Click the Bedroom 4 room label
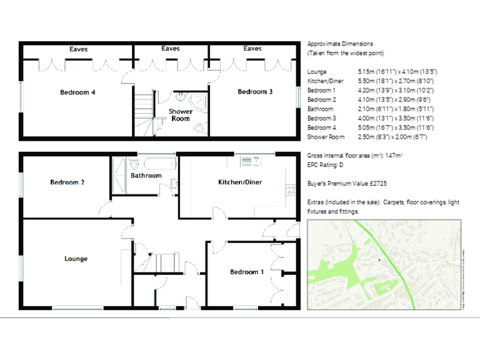[77, 92]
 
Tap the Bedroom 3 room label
[255, 92]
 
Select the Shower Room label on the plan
[181, 115]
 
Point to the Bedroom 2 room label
[67, 182]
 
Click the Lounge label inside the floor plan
[76, 259]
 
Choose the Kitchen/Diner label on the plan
[239, 182]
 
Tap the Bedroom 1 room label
[247, 272]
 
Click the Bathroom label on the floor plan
[146, 176]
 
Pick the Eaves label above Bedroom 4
[79, 48]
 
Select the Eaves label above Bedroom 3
[252, 48]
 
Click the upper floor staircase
[144, 112]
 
